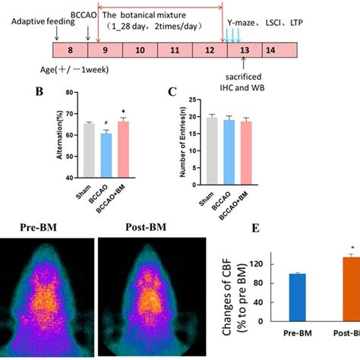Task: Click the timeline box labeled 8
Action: click(x=70, y=51)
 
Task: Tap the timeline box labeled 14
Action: click(x=268, y=51)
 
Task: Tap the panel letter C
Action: click(x=171, y=91)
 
